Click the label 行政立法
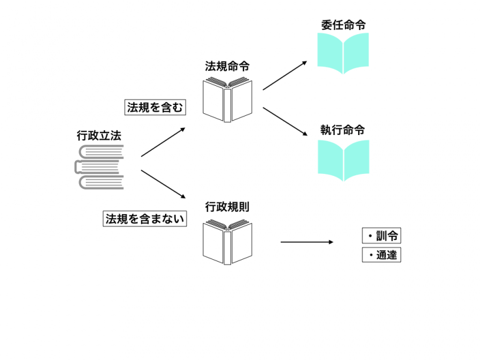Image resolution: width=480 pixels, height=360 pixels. [x=99, y=136]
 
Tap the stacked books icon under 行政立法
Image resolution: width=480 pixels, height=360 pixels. [x=99, y=167]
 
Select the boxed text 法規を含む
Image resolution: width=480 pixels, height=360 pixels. [x=155, y=107]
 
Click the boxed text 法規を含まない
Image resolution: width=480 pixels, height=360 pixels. [x=144, y=219]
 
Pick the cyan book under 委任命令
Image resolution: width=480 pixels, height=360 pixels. [x=343, y=53]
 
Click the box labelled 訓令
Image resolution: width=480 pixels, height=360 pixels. [x=381, y=235]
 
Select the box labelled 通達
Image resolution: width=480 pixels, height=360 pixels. [x=381, y=255]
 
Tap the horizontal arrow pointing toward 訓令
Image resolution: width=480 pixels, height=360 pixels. [x=306, y=242]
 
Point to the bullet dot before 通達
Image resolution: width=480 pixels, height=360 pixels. [x=370, y=256]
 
